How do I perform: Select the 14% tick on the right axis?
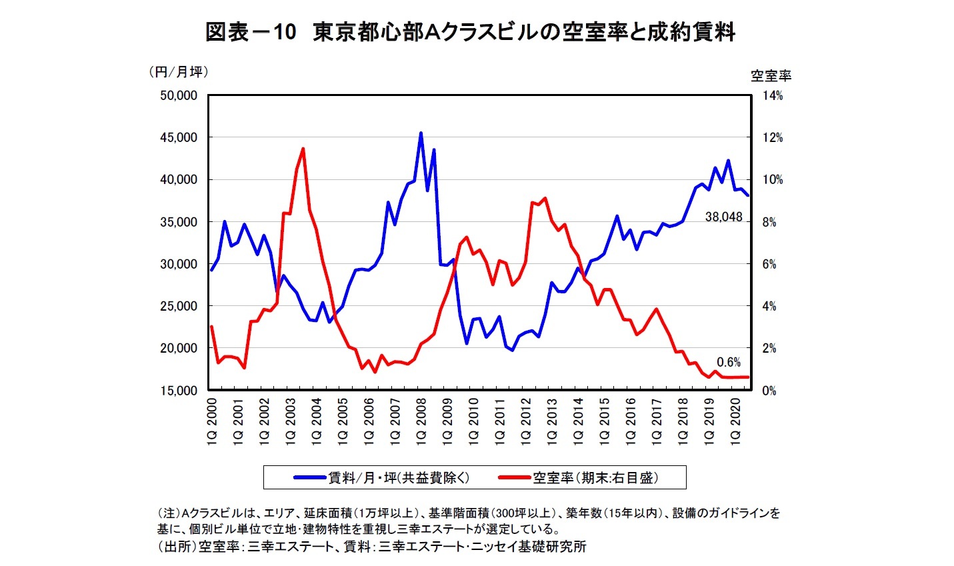pyautogui.click(x=772, y=96)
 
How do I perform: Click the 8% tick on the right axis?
pyautogui.click(x=769, y=222)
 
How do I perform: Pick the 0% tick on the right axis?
pyautogui.click(x=769, y=391)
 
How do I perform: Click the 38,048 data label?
pyautogui.click(x=723, y=217)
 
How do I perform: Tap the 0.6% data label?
pyautogui.click(x=729, y=362)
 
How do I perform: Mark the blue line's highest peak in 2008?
pyautogui.click(x=421, y=133)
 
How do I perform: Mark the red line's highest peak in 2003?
pyautogui.click(x=303, y=149)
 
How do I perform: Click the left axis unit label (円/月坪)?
pyautogui.click(x=178, y=72)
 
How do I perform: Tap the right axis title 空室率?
pyautogui.click(x=771, y=76)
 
